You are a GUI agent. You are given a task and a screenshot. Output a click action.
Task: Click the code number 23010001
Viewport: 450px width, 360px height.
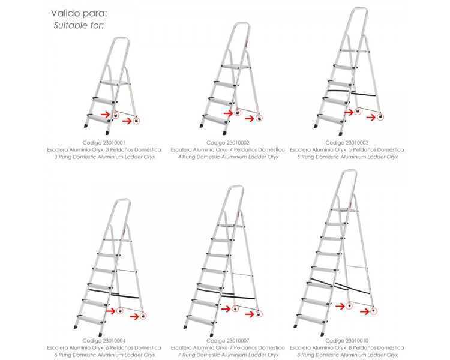pos(113,142)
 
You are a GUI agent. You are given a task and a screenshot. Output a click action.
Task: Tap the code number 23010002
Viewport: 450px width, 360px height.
pos(238,142)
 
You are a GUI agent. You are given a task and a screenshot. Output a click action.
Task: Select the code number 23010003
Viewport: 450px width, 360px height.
pos(357,142)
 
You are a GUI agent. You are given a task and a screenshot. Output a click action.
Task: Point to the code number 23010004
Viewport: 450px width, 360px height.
pos(113,340)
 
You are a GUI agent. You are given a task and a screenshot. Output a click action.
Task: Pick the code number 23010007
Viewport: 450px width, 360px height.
pos(238,340)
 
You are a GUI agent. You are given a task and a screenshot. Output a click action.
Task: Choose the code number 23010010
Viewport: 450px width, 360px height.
pos(357,340)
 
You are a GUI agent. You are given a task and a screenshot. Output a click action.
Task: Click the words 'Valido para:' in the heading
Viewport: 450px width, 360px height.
pos(79,13)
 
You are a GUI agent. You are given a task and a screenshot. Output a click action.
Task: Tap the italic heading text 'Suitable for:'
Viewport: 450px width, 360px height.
pos(79,25)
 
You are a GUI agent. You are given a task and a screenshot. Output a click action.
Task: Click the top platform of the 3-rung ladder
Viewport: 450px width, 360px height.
pos(114,83)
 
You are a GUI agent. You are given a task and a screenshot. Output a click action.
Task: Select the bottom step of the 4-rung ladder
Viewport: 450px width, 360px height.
pos(216,119)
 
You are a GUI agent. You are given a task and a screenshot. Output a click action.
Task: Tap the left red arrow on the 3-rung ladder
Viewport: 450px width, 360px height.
pos(106,115)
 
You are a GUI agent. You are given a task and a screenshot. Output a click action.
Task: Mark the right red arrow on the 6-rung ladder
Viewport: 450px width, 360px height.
pos(134,316)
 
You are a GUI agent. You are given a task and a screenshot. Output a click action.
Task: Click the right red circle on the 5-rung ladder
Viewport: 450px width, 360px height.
pos(380,117)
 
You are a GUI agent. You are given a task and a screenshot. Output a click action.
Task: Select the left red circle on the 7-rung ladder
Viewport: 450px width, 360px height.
pos(235,309)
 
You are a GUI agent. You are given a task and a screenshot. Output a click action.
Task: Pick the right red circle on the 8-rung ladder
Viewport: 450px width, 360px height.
pos(373,311)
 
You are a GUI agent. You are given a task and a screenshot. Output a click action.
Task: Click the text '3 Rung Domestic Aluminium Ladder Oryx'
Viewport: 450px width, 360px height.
pos(105,157)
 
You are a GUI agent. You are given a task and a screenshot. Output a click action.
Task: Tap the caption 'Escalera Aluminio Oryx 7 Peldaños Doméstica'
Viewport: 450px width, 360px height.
pos(228,347)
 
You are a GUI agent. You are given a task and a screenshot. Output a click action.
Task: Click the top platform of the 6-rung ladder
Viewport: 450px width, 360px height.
pos(117,239)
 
